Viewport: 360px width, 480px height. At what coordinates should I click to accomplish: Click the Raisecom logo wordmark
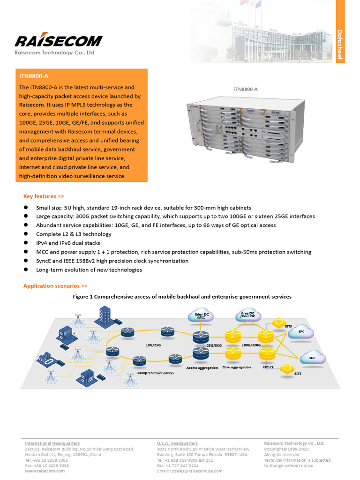pyautogui.click(x=58, y=41)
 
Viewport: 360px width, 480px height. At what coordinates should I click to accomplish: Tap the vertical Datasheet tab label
pyautogui.click(x=340, y=45)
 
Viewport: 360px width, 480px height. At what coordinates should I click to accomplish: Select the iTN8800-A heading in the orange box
pyautogui.click(x=34, y=75)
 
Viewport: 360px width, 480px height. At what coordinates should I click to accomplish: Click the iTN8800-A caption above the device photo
pyautogui.click(x=246, y=89)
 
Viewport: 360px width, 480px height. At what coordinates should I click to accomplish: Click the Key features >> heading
pyautogui.click(x=44, y=196)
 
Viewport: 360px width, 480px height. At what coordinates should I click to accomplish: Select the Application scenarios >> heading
pyautogui.click(x=55, y=285)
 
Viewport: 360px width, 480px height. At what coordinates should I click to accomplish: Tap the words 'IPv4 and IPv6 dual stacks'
pyautogui.click(x=68, y=243)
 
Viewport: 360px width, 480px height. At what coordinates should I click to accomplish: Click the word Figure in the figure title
pyautogui.click(x=82, y=297)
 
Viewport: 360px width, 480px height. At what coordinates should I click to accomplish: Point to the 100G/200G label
pyautogui.click(x=252, y=345)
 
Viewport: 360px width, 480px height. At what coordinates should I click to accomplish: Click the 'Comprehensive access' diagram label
pyautogui.click(x=155, y=373)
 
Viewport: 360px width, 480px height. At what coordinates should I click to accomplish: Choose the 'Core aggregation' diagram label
pyautogui.click(x=236, y=367)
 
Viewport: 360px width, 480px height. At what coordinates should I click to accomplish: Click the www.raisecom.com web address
pyautogui.click(x=45, y=471)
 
